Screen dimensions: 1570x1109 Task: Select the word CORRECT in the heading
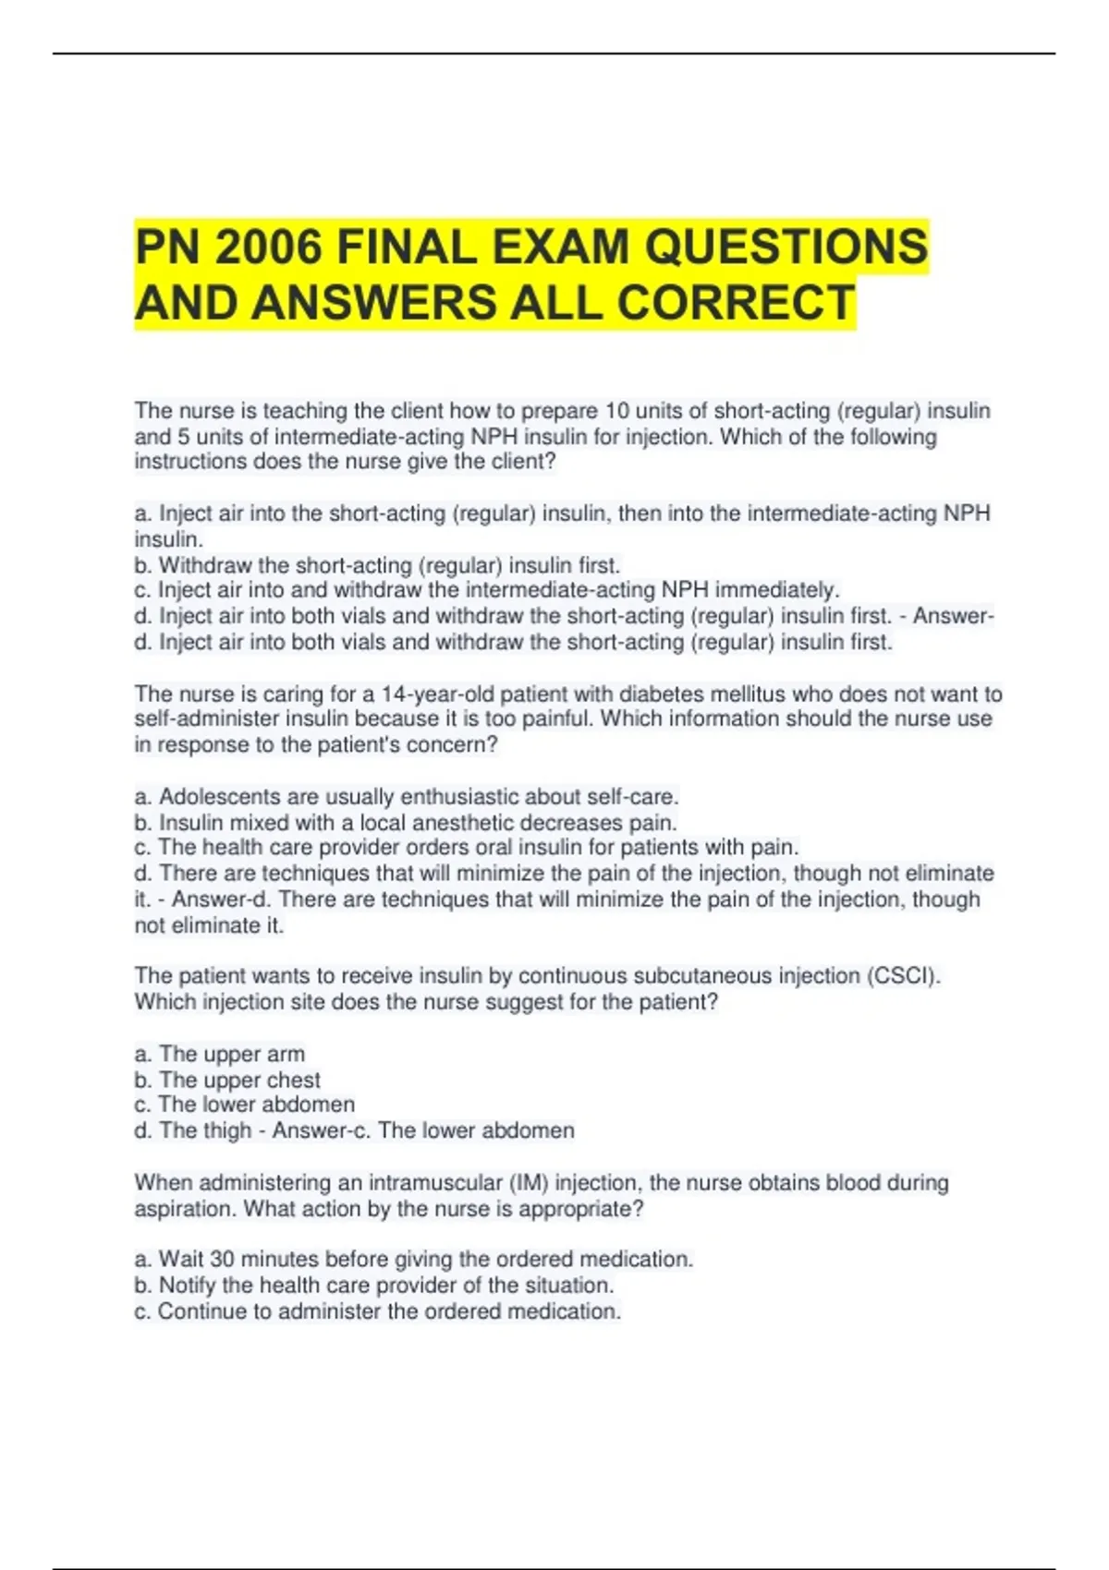(x=736, y=303)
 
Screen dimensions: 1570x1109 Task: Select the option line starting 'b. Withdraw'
(x=377, y=565)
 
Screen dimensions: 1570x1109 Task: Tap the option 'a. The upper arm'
(x=219, y=1055)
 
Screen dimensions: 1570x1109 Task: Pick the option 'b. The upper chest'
(x=227, y=1081)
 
